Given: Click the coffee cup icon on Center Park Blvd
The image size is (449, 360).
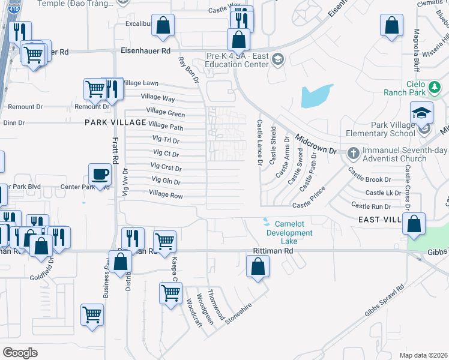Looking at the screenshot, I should click(100, 174).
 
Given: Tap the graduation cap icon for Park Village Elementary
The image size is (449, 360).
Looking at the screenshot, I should click(421, 113).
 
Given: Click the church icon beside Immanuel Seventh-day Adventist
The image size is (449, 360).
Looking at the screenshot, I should click(354, 152).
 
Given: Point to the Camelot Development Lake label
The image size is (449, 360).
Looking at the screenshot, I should click(289, 228).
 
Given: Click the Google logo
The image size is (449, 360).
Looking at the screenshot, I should click(20, 352).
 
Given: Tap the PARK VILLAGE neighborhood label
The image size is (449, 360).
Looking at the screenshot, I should click(116, 122).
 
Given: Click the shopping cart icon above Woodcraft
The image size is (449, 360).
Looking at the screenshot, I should click(170, 293).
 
